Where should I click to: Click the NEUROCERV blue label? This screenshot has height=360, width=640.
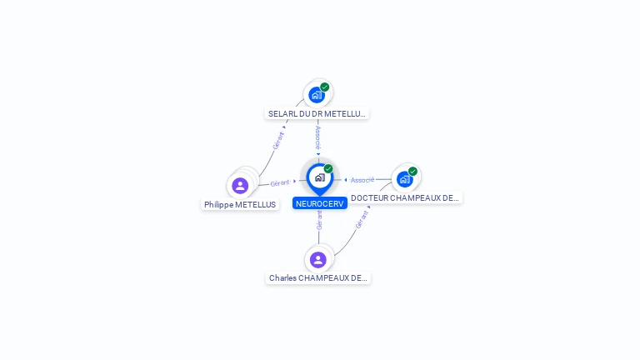pos(320,203)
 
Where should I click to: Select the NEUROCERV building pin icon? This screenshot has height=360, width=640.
pos(319,177)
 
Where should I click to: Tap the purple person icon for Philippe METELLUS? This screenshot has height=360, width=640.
pos(240,185)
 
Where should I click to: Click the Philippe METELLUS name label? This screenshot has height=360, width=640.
pos(240,205)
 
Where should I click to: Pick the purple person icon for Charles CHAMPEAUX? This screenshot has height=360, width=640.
pos(317,260)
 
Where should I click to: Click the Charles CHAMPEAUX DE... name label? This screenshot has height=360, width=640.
pos(318,278)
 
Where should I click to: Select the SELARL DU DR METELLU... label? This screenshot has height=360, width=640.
pos(317,113)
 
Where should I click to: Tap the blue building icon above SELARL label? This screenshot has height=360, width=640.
pos(316,95)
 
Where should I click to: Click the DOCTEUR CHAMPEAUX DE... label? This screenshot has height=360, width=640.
pos(405,198)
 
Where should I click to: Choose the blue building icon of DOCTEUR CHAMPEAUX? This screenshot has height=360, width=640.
pos(404,179)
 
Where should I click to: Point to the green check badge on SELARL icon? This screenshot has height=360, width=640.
pos(325,87)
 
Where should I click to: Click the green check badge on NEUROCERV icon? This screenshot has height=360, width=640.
pos(328,169)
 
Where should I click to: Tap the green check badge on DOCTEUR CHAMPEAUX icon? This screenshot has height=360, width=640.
pos(412,171)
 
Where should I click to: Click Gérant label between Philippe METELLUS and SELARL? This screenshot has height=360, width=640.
pos(278,139)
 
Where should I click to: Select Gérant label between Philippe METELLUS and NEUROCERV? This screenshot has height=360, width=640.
pos(279,182)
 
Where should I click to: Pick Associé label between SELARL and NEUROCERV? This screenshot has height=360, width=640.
pos(317,135)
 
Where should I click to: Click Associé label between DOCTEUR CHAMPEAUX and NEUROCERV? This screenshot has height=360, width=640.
pos(362,180)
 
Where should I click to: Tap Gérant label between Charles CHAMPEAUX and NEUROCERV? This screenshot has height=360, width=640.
pos(318,219)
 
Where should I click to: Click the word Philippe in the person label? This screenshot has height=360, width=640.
pos(218,205)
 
